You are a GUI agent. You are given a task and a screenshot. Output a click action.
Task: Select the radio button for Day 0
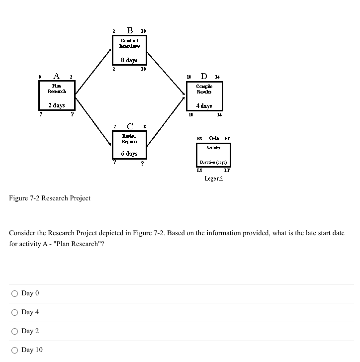(x=15, y=293)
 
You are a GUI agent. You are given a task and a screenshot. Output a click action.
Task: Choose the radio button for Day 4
(x=15, y=312)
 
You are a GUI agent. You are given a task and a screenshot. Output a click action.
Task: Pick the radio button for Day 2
(x=15, y=331)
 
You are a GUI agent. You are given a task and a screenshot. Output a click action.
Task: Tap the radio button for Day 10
(x=15, y=350)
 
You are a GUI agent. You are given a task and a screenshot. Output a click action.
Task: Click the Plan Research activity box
(x=57, y=95)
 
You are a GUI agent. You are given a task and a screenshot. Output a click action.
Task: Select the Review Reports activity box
(x=129, y=144)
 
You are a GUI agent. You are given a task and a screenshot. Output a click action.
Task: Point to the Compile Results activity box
(x=204, y=96)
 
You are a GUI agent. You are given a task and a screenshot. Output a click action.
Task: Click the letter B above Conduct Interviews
(x=130, y=30)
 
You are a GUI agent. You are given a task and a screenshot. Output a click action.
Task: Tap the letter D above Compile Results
(x=204, y=77)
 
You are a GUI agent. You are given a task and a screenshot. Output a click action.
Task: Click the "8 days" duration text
(x=129, y=60)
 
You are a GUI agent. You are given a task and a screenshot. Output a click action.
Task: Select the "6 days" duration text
(x=129, y=154)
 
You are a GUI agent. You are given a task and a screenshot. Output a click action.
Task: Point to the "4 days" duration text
(x=204, y=106)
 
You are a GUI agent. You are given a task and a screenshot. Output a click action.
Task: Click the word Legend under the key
(x=213, y=179)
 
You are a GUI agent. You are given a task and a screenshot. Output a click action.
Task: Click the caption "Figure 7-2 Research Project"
(x=50, y=198)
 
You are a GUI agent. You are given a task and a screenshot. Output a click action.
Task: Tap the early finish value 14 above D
(x=218, y=77)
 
